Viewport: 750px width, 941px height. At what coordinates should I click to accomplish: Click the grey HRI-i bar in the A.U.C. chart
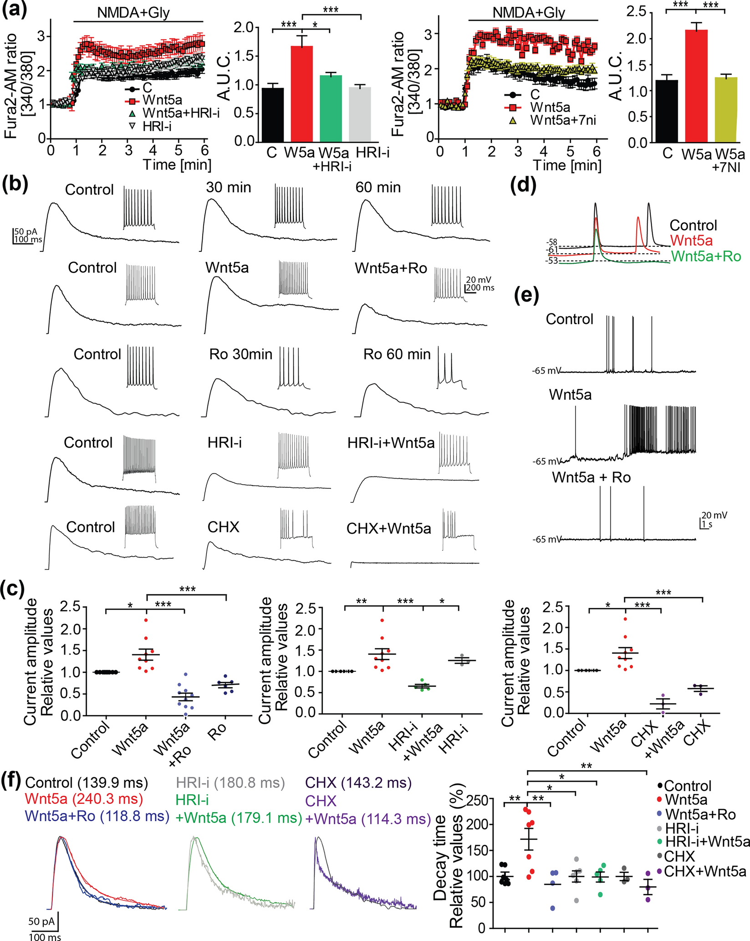point(360,114)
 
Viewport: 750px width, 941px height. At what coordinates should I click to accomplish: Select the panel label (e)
point(526,297)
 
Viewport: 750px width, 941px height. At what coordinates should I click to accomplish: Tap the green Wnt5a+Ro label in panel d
point(706,256)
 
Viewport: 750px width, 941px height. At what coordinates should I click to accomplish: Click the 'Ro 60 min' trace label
point(397,354)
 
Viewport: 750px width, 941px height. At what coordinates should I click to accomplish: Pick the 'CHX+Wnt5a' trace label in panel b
point(388,528)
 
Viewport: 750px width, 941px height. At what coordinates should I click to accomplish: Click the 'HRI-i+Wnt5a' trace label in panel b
point(391,442)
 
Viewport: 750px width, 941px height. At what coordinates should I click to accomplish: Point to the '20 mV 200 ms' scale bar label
point(479,284)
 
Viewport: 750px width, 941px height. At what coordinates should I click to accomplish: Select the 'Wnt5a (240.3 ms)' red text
point(84,798)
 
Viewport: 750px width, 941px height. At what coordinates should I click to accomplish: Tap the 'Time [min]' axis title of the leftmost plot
point(177,164)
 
